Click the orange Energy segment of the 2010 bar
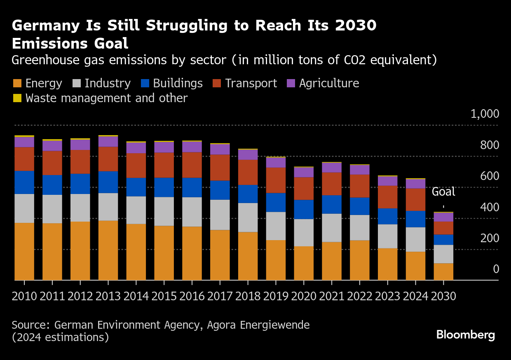[24, 251]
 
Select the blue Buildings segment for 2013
[108, 182]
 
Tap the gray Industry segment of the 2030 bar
[443, 254]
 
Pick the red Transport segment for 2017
[220, 167]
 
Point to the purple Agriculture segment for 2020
[304, 172]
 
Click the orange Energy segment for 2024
[415, 266]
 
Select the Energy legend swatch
[17, 84]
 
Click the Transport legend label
[251, 84]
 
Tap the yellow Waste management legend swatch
[17, 98]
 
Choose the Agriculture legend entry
[329, 84]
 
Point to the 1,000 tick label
[485, 114]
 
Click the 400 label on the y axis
[489, 207]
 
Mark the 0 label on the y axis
[496, 269]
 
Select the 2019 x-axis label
[276, 296]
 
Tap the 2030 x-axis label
[443, 296]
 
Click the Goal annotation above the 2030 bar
[443, 192]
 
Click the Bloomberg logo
[466, 335]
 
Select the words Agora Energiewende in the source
[258, 325]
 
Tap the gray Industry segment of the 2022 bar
[360, 227]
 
